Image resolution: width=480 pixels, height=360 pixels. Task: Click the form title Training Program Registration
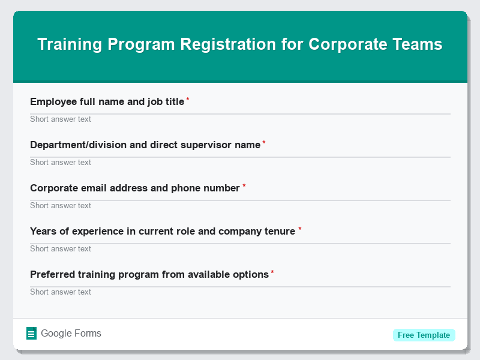coord(240,44)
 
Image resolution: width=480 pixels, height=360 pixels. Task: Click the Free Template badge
coord(424,335)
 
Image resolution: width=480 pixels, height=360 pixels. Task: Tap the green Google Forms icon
coord(32,334)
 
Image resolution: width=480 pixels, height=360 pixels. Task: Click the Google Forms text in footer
coord(71,334)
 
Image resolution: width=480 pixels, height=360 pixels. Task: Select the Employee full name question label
coord(107,102)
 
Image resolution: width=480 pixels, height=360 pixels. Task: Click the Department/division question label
coord(145,145)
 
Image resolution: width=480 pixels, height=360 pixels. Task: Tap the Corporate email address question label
coord(135,188)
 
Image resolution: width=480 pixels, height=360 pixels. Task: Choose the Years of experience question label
coord(163,232)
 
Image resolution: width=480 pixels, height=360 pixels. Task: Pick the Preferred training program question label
coord(149,275)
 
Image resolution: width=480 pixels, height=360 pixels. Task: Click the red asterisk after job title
coord(188,100)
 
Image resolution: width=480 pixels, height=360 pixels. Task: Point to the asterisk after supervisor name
coord(264,143)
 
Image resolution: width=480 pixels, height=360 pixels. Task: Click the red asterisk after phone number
coord(244,186)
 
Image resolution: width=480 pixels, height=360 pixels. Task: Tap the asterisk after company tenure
coord(300,229)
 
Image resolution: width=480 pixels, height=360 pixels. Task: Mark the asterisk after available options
coord(272,272)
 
